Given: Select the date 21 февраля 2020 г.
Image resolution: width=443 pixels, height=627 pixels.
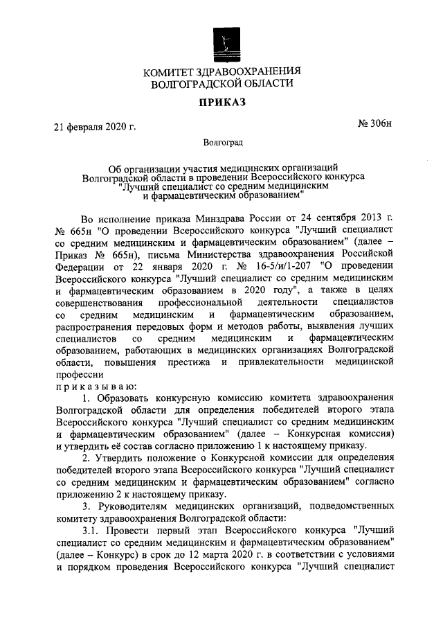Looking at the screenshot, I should (95, 127).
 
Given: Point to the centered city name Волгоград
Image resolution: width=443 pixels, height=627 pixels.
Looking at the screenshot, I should (221, 144).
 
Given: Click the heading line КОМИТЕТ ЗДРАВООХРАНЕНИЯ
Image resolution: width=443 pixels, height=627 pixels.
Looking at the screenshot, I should (222, 71).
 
